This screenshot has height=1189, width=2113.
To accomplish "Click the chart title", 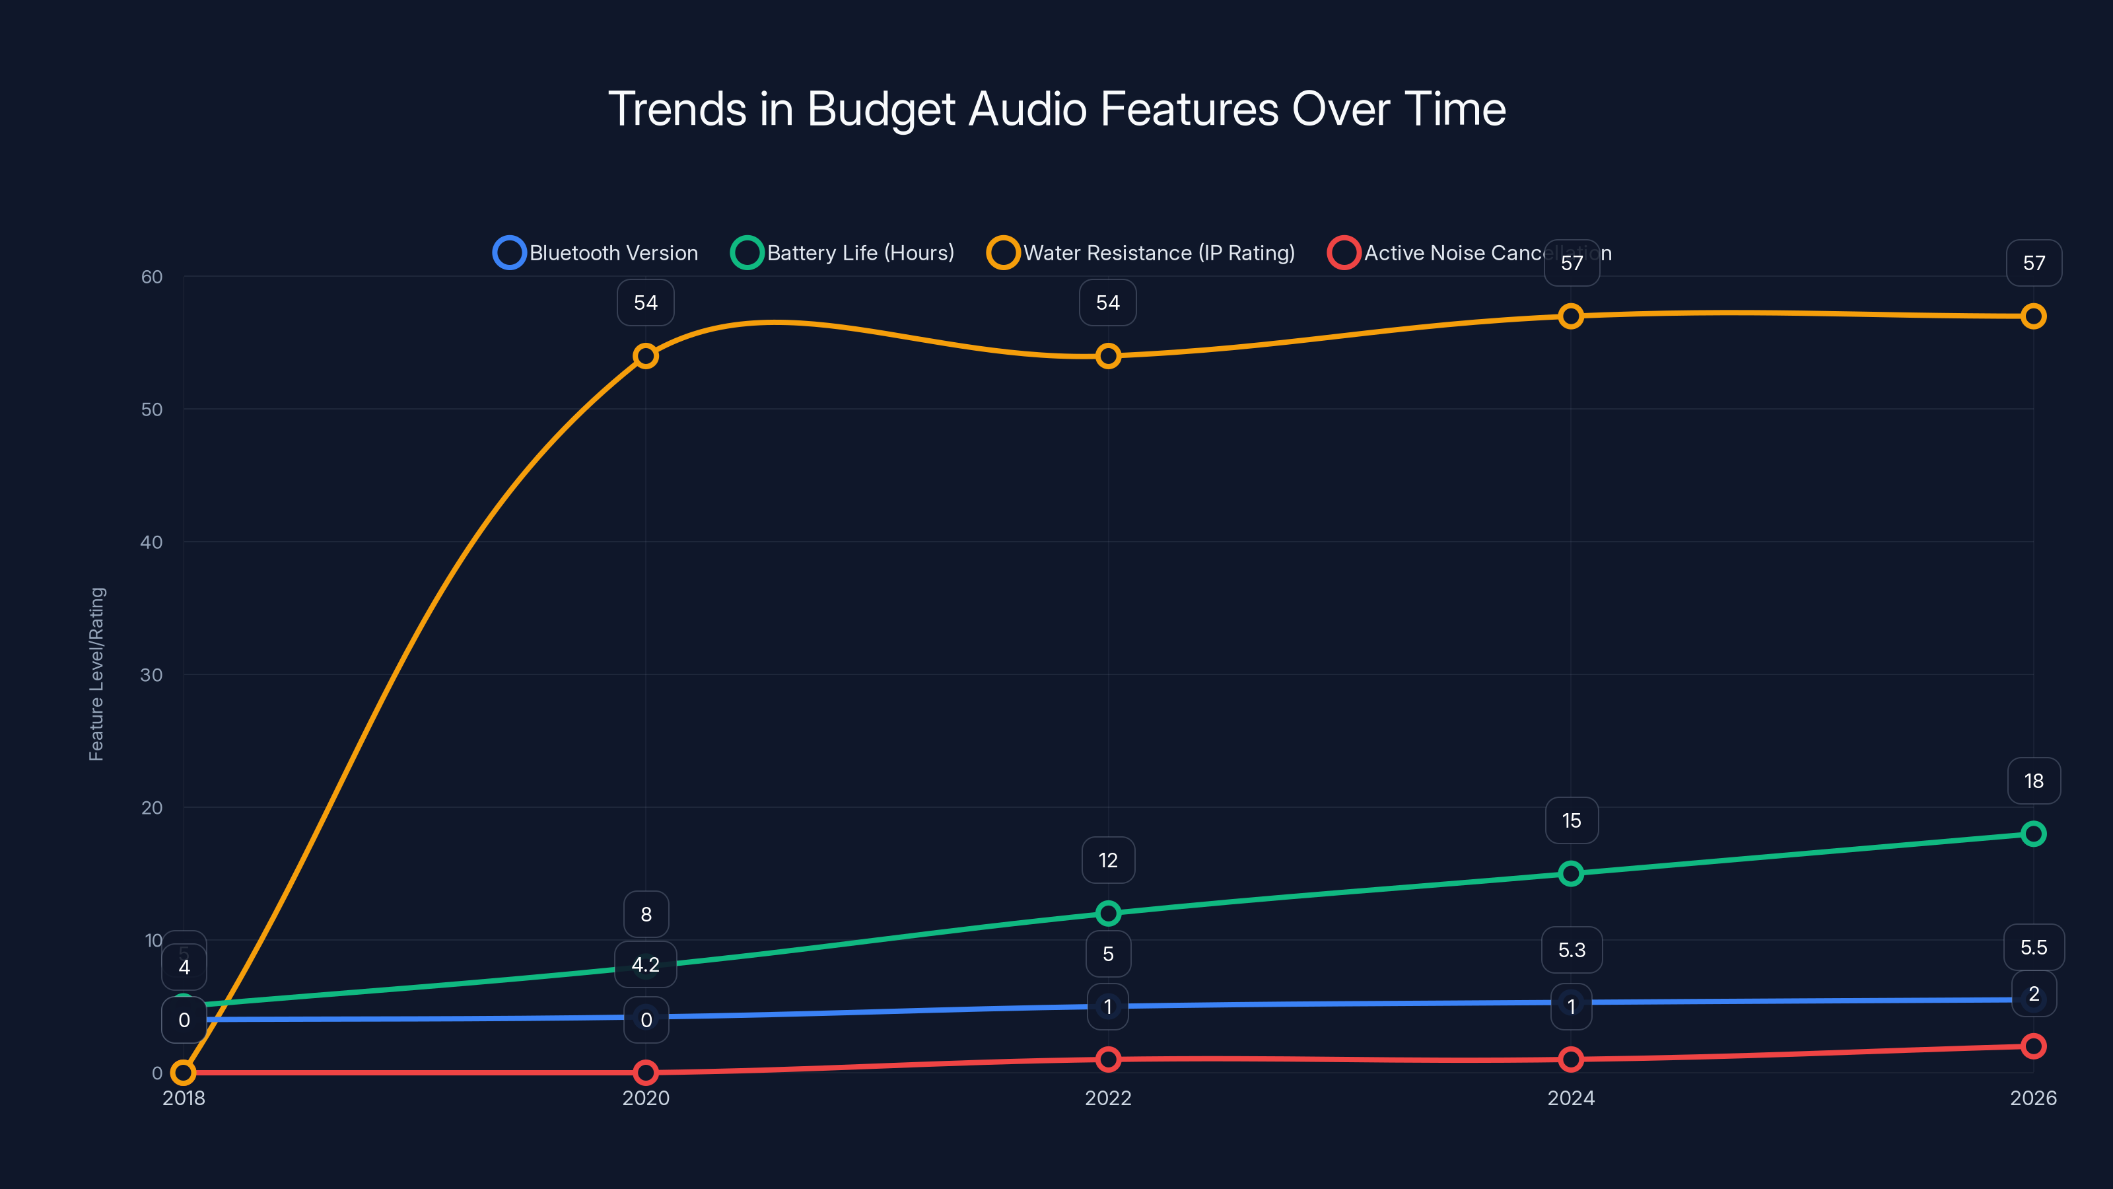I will (1056, 108).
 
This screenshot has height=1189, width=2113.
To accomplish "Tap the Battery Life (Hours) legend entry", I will (843, 253).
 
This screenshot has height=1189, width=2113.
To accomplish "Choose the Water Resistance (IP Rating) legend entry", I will (1141, 253).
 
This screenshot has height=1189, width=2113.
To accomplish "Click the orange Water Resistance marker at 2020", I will (646, 356).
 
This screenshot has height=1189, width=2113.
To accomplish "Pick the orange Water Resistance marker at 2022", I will (1108, 356).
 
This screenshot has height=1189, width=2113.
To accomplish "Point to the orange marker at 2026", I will (2032, 316).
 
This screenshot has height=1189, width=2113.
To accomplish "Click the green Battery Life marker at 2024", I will (1571, 873).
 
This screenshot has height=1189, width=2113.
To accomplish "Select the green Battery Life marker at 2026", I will (2032, 834).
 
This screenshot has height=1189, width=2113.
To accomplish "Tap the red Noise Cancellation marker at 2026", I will (2032, 1046).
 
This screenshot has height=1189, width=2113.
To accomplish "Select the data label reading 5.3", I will (1572, 949).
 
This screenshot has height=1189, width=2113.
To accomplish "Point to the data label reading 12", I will (1108, 860).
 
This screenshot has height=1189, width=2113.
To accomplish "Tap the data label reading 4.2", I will (646, 964).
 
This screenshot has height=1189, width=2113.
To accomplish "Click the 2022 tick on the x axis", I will (1108, 1098).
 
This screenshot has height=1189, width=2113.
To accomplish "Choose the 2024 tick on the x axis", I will (1571, 1098).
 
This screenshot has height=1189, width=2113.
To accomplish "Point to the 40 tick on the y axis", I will (152, 542).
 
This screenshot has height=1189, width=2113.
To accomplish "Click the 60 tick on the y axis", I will (152, 277).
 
